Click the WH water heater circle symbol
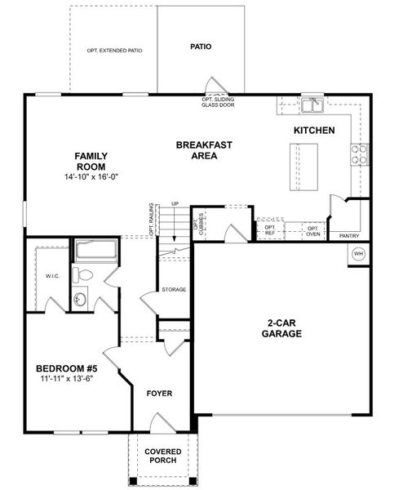pyautogui.click(x=358, y=254)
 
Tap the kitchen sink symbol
pyautogui.click(x=312, y=105)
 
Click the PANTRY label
pyautogui.click(x=349, y=236)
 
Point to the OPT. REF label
pyautogui.click(x=270, y=230)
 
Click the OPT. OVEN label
pyautogui.click(x=313, y=230)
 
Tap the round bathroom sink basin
pyautogui.click(x=80, y=301)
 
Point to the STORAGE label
pyautogui.click(x=174, y=290)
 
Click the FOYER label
pyautogui.click(x=159, y=394)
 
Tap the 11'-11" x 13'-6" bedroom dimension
pyautogui.click(x=69, y=379)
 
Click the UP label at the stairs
pyautogui.click(x=175, y=204)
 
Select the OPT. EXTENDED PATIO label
pyautogui.click(x=114, y=51)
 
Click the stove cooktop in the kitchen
pyautogui.click(x=359, y=154)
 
